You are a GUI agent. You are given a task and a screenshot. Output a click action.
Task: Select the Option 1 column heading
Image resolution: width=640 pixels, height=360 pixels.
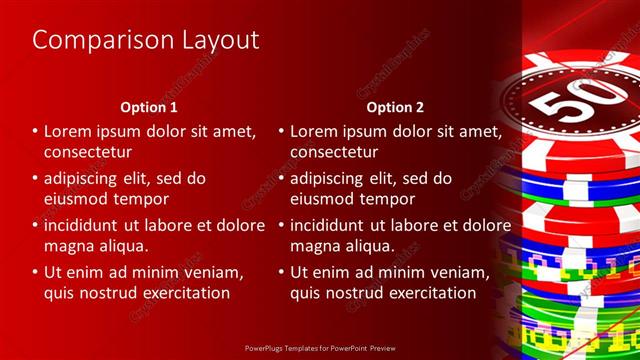(149, 107)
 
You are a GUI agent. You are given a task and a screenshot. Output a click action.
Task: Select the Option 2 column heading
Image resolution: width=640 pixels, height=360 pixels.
(395, 107)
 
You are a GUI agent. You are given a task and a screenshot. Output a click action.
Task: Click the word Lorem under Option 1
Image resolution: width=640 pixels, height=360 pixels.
(70, 131)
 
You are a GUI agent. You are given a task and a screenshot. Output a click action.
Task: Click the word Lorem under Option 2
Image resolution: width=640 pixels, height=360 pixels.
(316, 131)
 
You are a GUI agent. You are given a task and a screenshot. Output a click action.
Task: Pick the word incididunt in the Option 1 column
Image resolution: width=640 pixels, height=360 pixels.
(87, 224)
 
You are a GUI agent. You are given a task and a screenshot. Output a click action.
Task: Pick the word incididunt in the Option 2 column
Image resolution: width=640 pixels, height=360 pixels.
(333, 224)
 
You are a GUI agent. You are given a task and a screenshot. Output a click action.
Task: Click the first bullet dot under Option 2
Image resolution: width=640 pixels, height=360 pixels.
(282, 131)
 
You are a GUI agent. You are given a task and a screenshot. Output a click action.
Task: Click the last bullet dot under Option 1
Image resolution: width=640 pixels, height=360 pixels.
(36, 271)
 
